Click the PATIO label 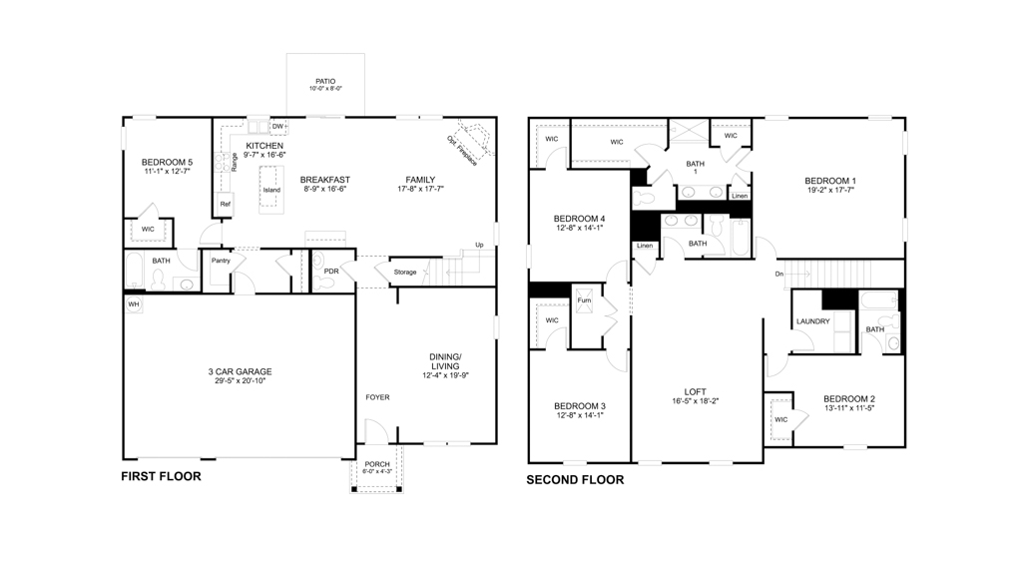[x=325, y=81]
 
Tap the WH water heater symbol [x=133, y=303]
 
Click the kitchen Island [x=271, y=189]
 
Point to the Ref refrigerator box [x=226, y=204]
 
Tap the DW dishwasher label [x=278, y=127]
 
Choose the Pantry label [x=221, y=261]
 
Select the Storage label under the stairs [x=404, y=272]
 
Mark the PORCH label [x=376, y=464]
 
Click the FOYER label [x=377, y=397]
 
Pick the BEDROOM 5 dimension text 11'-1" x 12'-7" [x=167, y=172]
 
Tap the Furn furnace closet [x=584, y=299]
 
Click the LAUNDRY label [x=813, y=321]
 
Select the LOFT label [x=696, y=391]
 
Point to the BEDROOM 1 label [x=830, y=181]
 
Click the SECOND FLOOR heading [x=575, y=480]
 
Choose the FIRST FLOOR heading [x=161, y=476]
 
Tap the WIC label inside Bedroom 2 [x=780, y=419]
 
